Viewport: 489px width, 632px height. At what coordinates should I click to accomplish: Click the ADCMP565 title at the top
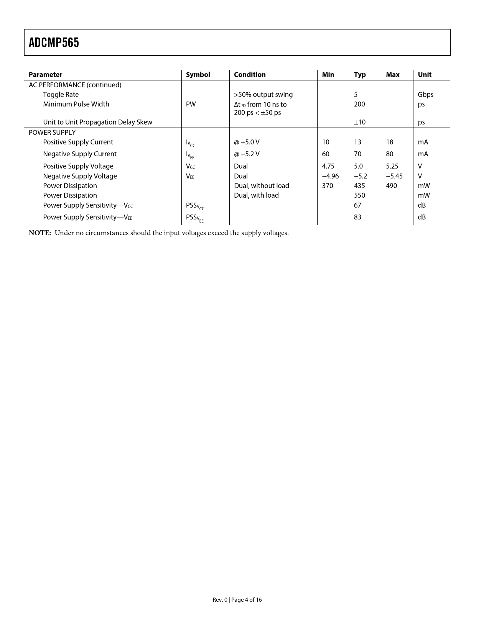[x=54, y=43]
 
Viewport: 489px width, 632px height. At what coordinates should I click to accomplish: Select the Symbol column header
[x=198, y=75]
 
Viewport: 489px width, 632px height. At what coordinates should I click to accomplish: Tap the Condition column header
[x=250, y=75]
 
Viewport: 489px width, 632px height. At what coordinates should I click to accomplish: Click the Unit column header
[x=425, y=75]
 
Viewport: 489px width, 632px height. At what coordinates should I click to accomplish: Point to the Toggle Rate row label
[x=61, y=95]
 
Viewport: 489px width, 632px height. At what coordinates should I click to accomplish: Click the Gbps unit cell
[x=425, y=95]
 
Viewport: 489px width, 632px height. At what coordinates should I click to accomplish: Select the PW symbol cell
[x=191, y=104]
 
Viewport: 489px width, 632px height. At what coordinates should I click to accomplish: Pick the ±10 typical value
[x=359, y=122]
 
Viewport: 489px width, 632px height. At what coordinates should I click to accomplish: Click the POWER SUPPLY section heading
[x=52, y=133]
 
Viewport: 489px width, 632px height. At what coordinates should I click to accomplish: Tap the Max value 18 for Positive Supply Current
[x=389, y=142]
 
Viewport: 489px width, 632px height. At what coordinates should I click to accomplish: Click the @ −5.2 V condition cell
[x=247, y=154]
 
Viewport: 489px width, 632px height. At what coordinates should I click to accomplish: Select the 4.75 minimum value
[x=328, y=166]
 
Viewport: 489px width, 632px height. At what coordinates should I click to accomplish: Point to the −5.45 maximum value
[x=394, y=176]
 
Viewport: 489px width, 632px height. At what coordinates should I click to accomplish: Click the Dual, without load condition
[x=262, y=186]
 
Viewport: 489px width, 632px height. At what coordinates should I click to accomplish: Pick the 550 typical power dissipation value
[x=359, y=195]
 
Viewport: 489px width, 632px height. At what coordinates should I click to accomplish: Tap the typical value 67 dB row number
[x=357, y=205]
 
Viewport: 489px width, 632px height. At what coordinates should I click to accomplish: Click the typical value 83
[x=357, y=217]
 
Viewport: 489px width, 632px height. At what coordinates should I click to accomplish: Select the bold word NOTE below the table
[x=40, y=233]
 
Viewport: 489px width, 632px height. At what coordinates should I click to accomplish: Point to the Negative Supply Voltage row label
[x=80, y=176]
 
